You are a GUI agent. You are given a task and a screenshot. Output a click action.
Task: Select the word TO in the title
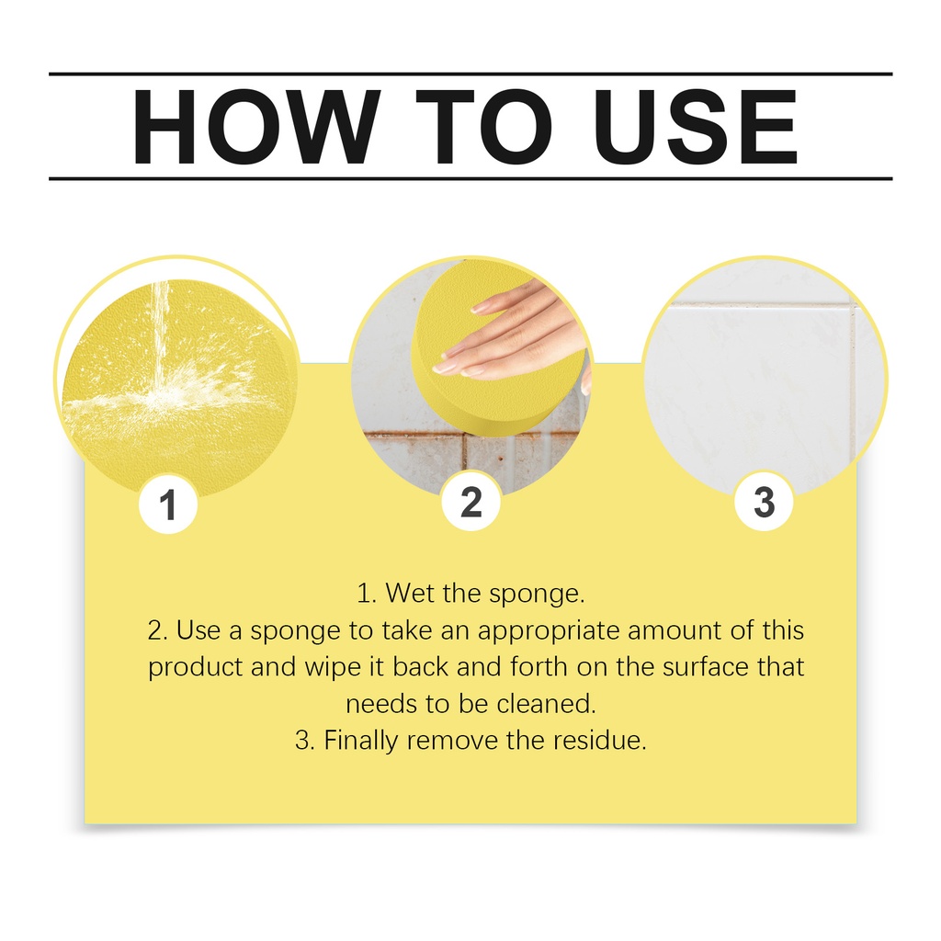coord(483,127)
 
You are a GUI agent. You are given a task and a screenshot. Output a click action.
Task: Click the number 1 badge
coord(168,505)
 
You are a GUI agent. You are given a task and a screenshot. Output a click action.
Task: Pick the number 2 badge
coord(471,502)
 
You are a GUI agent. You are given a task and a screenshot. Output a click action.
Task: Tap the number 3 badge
coord(764,502)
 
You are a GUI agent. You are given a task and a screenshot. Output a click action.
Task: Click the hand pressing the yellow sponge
coord(516,336)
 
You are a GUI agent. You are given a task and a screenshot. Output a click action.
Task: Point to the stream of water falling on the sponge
coord(160,336)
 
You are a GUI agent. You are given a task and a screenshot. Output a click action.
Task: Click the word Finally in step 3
coord(360,742)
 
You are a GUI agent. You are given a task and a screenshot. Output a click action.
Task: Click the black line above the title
coord(470,74)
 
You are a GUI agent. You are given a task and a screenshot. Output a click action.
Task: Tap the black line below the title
coord(470,178)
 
